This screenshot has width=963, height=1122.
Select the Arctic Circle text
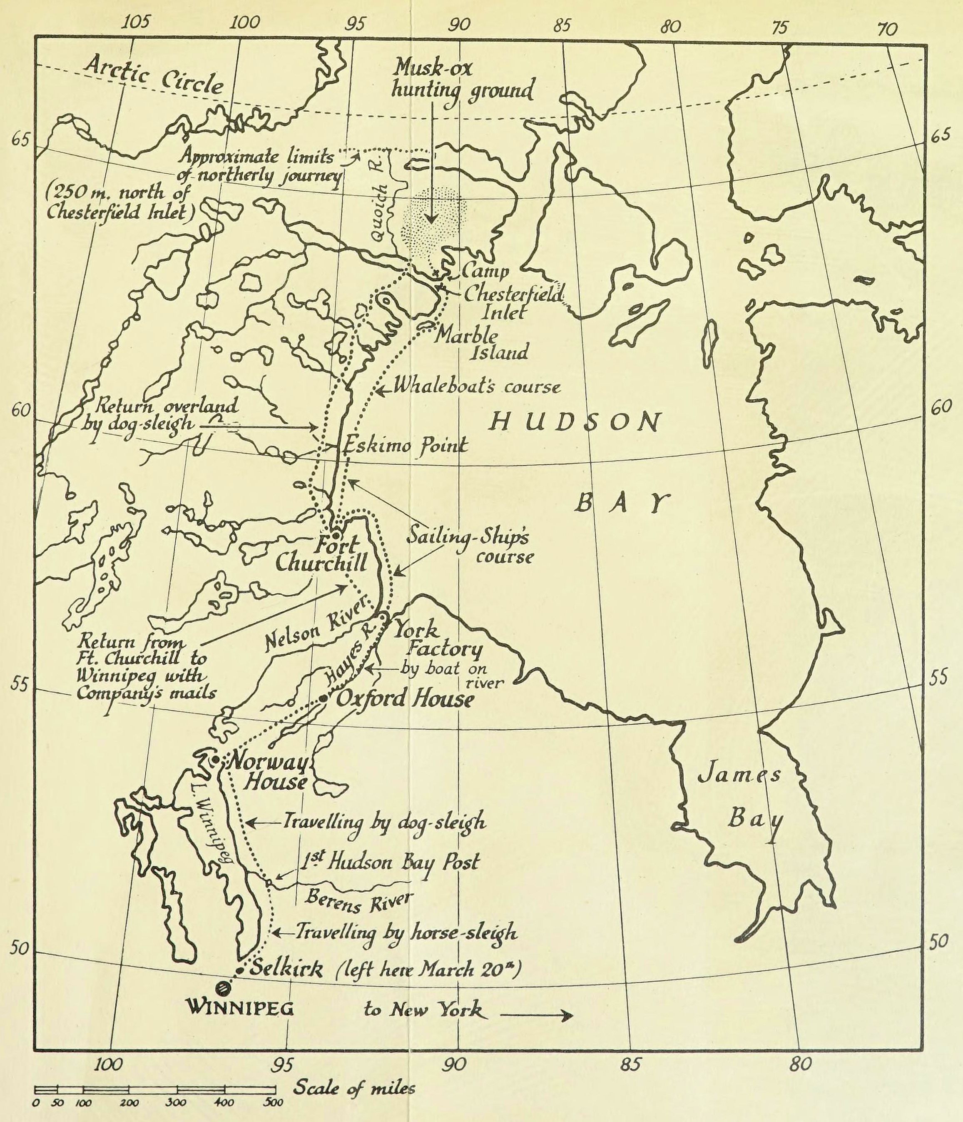tap(154, 76)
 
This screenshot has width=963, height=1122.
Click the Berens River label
tap(357, 900)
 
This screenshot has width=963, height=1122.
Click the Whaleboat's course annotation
tap(476, 386)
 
